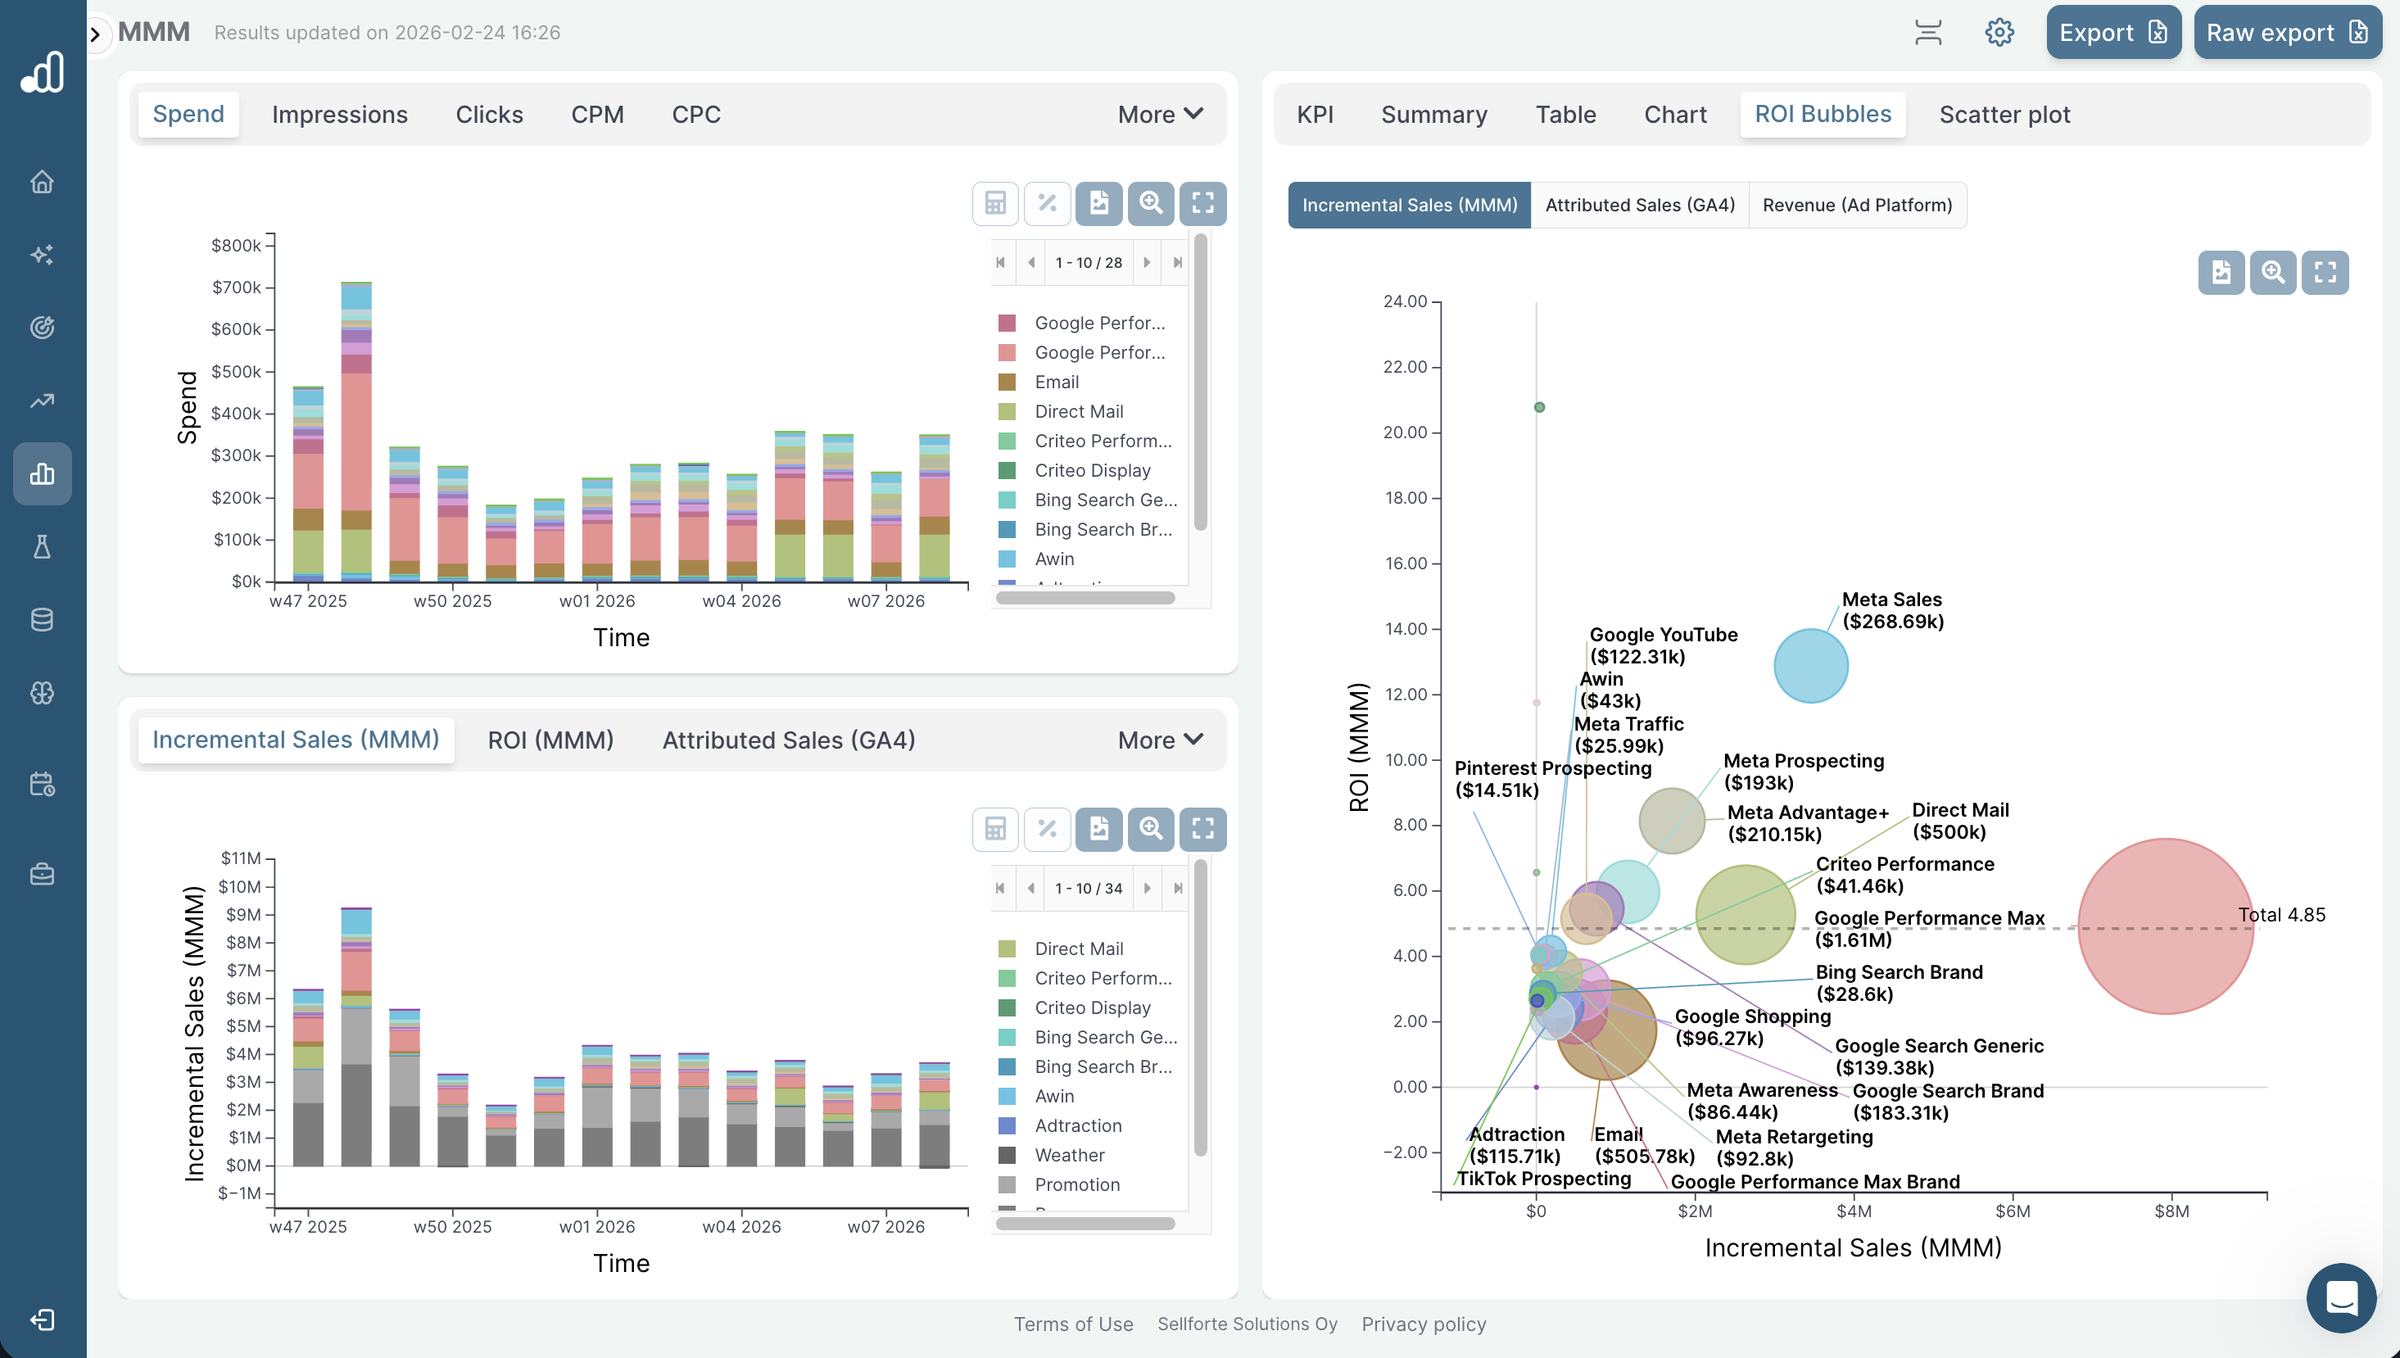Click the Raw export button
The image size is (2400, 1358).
coord(2286,33)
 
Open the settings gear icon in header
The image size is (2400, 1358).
coord(1999,33)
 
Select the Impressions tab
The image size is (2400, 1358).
coord(340,114)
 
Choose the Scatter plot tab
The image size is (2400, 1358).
coord(2004,114)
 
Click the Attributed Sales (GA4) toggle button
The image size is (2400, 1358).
coord(1639,206)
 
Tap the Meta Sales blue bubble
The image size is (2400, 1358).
coord(1809,665)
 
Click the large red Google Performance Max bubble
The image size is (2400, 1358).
coord(2164,926)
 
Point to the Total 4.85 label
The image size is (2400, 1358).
coord(2280,914)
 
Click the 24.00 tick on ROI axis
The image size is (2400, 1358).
coord(1405,301)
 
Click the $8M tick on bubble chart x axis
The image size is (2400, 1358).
coord(2171,1211)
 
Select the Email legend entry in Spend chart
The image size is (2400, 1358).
coord(1056,382)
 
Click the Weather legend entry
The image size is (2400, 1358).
coord(1069,1155)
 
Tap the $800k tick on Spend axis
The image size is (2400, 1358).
coord(236,245)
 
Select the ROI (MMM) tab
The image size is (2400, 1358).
coord(550,740)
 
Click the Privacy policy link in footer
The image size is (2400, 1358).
coord(1424,1324)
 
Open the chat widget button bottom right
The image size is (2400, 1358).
coord(2340,1297)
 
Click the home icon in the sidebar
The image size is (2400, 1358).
coord(42,182)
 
